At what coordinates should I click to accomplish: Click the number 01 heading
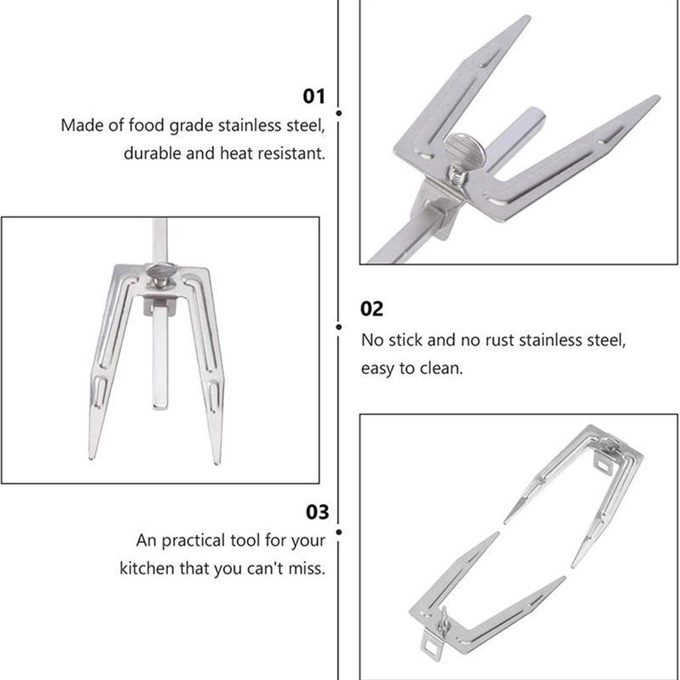[314, 96]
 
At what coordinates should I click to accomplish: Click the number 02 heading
[372, 309]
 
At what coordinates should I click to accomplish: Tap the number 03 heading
[317, 513]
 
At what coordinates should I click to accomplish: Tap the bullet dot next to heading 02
[339, 327]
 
